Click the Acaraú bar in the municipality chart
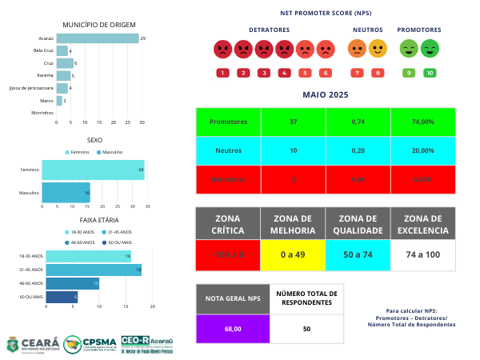(97, 38)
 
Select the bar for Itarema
(63, 75)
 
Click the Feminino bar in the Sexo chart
(93, 170)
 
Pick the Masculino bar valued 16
(66, 193)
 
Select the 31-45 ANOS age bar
(94, 270)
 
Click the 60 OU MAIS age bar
(62, 297)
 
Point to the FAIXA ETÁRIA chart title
(100, 219)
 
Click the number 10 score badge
(430, 73)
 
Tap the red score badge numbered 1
(222, 73)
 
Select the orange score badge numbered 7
(357, 73)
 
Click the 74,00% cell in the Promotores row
(422, 122)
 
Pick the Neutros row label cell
(228, 150)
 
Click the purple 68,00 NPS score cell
(232, 329)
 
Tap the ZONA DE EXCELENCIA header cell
(422, 224)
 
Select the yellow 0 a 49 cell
(293, 254)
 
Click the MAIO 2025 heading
(326, 95)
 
